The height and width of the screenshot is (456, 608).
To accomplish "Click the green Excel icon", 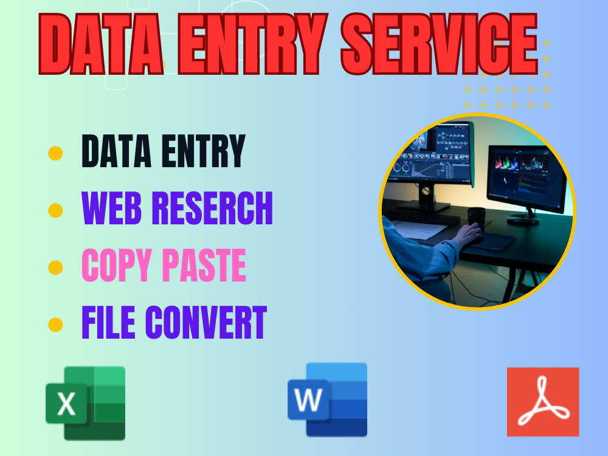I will click(x=86, y=402).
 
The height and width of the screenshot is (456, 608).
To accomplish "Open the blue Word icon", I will click(x=328, y=399).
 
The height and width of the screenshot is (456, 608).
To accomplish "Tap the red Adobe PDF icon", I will click(x=543, y=402).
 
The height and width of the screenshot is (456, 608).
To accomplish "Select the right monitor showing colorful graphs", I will click(x=526, y=176).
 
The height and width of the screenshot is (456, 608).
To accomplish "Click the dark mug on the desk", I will click(x=477, y=216).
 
